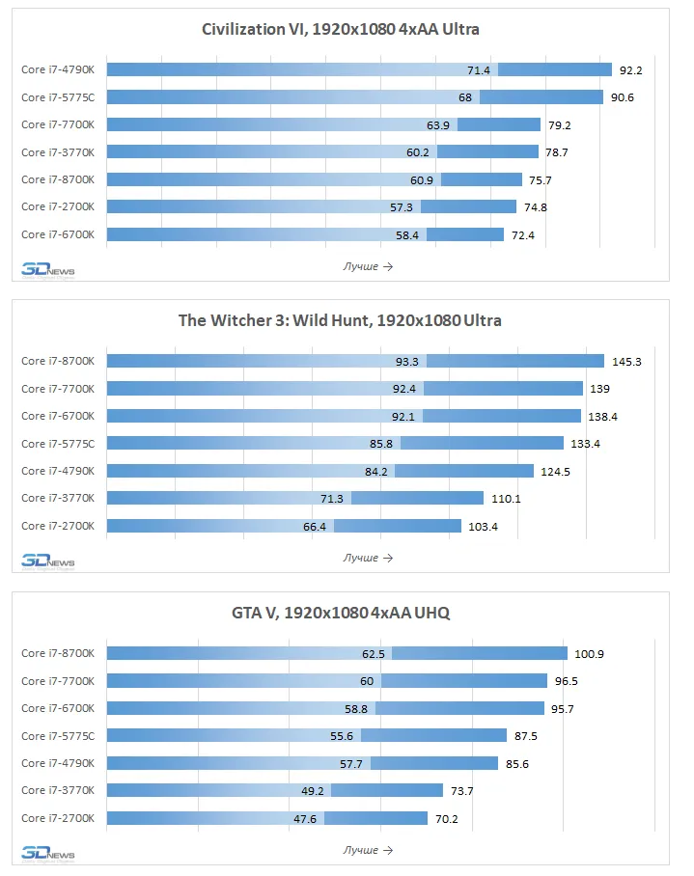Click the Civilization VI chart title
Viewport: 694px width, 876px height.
click(341, 29)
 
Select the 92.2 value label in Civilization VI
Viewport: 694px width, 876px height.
click(631, 70)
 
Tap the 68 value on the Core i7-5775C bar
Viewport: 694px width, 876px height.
click(465, 97)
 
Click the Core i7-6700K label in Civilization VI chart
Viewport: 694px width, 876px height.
click(58, 234)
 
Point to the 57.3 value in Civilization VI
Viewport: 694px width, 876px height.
click(402, 207)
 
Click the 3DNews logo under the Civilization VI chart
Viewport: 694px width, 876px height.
click(48, 271)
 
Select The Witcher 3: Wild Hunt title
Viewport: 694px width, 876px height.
click(340, 320)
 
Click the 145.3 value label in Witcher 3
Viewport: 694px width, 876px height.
click(627, 362)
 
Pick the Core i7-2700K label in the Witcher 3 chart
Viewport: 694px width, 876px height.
click(58, 526)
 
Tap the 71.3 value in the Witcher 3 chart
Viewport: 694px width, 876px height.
click(332, 499)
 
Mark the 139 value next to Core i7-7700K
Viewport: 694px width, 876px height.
click(600, 389)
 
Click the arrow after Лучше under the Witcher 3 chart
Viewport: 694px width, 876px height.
click(388, 559)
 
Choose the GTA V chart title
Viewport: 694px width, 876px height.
click(341, 613)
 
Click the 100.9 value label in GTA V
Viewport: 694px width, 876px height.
click(590, 654)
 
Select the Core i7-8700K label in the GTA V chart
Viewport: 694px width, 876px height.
click(58, 653)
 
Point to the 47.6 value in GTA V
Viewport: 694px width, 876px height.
click(305, 819)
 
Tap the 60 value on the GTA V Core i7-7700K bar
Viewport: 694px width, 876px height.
click(367, 681)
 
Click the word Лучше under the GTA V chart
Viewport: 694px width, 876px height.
click(360, 850)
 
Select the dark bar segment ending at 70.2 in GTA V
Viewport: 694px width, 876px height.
click(376, 818)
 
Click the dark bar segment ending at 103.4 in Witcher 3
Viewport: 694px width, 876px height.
click(398, 526)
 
